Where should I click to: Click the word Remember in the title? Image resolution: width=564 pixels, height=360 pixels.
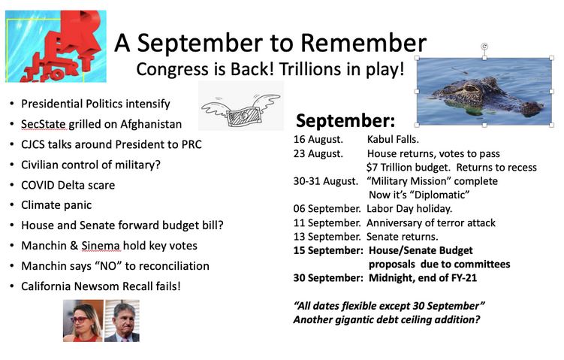point(363,43)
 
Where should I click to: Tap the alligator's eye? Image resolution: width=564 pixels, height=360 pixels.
point(470,88)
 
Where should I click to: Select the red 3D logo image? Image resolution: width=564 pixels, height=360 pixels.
point(56,47)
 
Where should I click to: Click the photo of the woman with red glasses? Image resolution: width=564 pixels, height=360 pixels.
point(83,321)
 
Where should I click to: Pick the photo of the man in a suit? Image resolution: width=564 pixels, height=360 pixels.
point(122,321)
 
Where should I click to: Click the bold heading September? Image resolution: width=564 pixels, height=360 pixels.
point(345,120)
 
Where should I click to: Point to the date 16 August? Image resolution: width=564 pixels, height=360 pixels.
point(318,139)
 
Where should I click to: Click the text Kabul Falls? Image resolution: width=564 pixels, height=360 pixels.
point(393,139)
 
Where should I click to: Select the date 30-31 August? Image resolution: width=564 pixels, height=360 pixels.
point(326,181)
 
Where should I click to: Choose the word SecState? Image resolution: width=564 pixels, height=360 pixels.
point(44,124)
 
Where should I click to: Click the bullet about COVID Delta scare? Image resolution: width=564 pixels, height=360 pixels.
point(68,185)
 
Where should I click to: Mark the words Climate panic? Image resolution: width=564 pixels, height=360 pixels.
point(56,205)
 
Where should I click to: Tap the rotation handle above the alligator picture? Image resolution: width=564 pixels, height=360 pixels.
point(484,47)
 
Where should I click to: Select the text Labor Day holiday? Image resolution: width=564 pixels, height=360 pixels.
point(409,209)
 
